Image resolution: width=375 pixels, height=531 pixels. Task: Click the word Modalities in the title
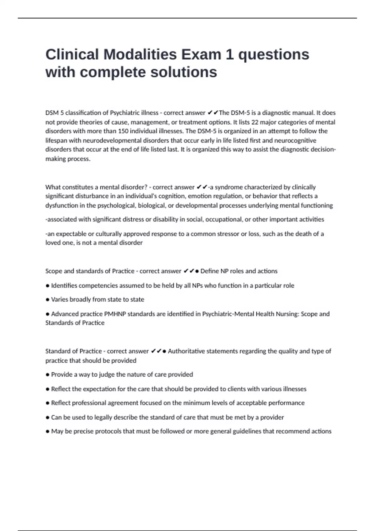(140, 54)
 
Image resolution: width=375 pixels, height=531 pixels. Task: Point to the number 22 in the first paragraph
(255, 122)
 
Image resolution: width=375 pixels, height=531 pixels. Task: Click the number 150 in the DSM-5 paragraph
(123, 131)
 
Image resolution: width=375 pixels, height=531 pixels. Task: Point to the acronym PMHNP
(115, 314)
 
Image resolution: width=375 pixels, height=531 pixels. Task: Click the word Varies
(60, 299)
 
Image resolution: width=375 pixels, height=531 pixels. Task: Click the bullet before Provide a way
(47, 375)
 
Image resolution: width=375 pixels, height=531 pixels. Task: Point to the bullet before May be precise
(47, 431)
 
